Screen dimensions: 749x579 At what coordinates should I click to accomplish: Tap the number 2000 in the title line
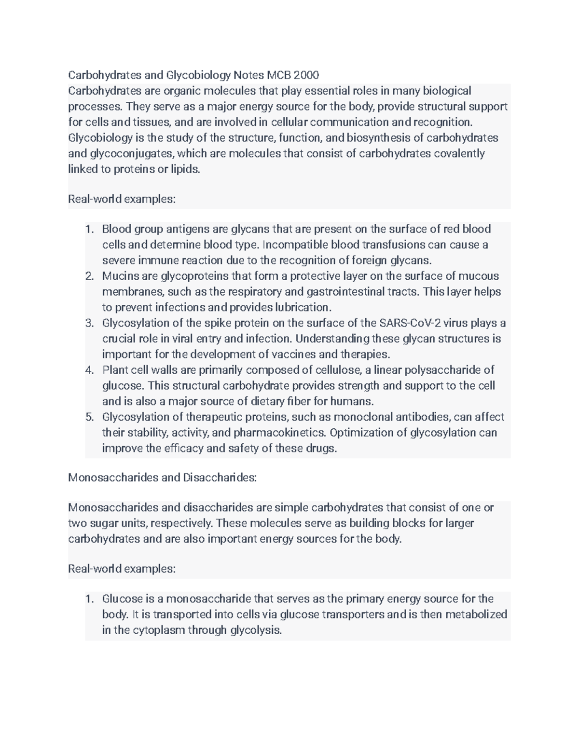(x=306, y=75)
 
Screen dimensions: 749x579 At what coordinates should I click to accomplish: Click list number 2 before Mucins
(x=89, y=276)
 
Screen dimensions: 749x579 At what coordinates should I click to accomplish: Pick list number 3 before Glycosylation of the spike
(x=89, y=323)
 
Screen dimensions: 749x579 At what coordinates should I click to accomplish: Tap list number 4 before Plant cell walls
(x=89, y=370)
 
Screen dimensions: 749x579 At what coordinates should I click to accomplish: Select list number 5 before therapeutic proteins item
(x=89, y=417)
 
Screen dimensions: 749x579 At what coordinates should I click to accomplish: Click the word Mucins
(x=119, y=276)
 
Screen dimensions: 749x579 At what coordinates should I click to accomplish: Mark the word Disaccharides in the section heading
(x=220, y=477)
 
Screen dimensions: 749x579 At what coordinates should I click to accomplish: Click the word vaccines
(x=293, y=354)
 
